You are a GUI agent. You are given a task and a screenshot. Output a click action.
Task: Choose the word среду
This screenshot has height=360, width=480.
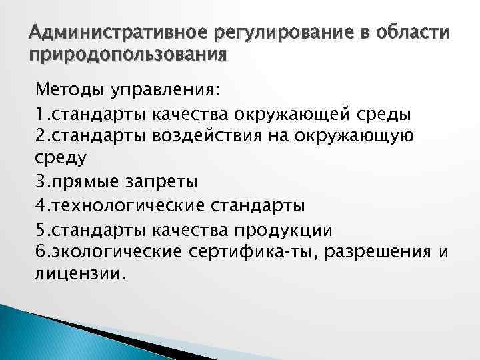click(58, 159)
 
